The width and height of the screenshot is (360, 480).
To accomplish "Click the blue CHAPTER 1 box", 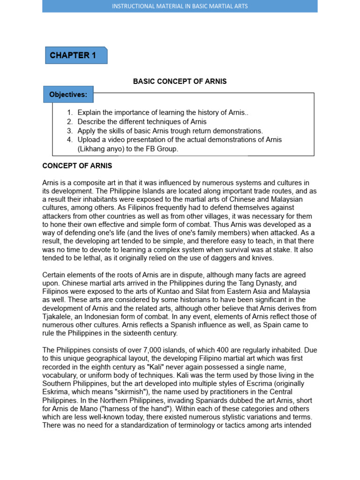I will click(x=76, y=55).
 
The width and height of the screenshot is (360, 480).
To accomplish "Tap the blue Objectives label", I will click(x=68, y=95).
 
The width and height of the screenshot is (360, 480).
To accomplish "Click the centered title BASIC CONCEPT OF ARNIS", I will click(x=180, y=82).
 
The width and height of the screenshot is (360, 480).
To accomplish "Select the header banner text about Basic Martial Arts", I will click(x=180, y=6).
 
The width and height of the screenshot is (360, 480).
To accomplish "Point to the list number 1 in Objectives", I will click(x=70, y=112).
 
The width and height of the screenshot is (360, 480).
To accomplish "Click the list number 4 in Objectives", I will click(x=70, y=140).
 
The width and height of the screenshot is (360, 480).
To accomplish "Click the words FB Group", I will click(x=164, y=149).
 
